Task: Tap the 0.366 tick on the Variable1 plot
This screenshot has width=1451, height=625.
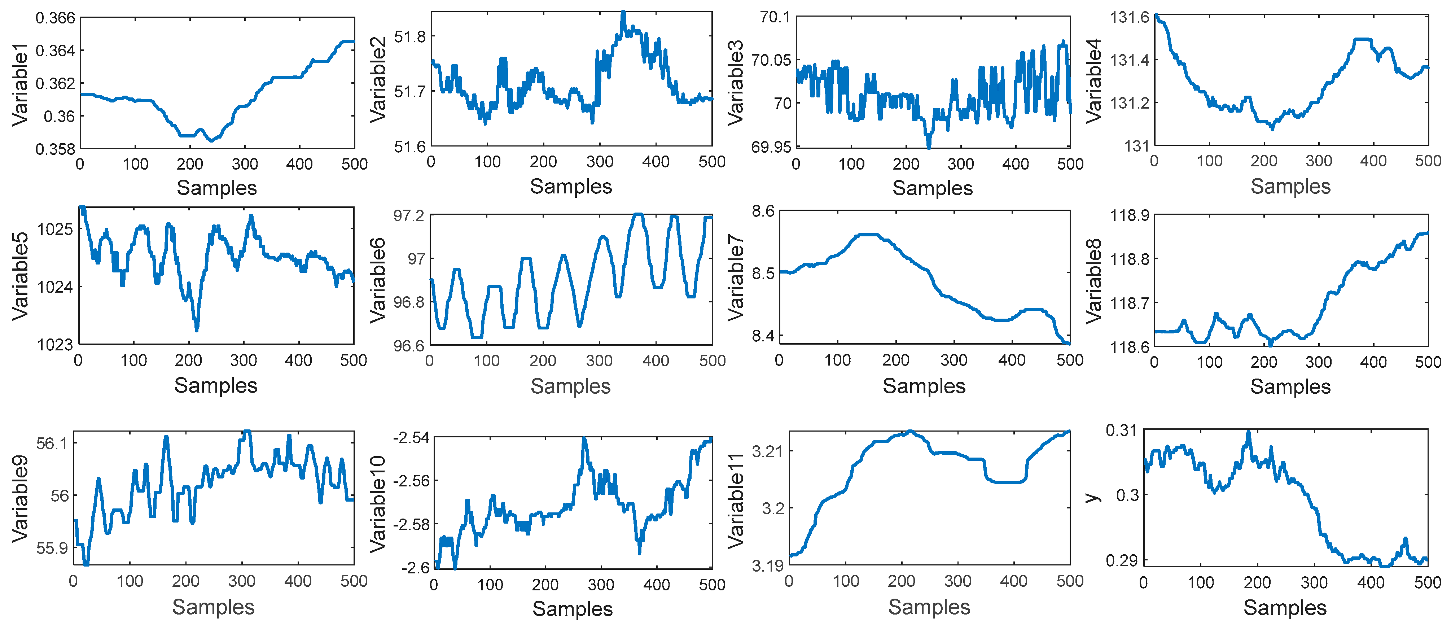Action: (x=55, y=18)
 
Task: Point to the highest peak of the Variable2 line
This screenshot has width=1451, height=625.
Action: (x=623, y=12)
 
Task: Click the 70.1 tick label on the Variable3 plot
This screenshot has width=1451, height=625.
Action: (x=775, y=17)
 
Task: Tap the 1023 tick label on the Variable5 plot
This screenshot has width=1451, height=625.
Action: (x=55, y=344)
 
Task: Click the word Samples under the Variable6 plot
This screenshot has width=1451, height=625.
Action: (x=571, y=386)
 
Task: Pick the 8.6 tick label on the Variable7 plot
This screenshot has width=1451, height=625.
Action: (x=763, y=211)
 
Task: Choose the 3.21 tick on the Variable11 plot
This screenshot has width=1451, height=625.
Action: (x=767, y=451)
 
